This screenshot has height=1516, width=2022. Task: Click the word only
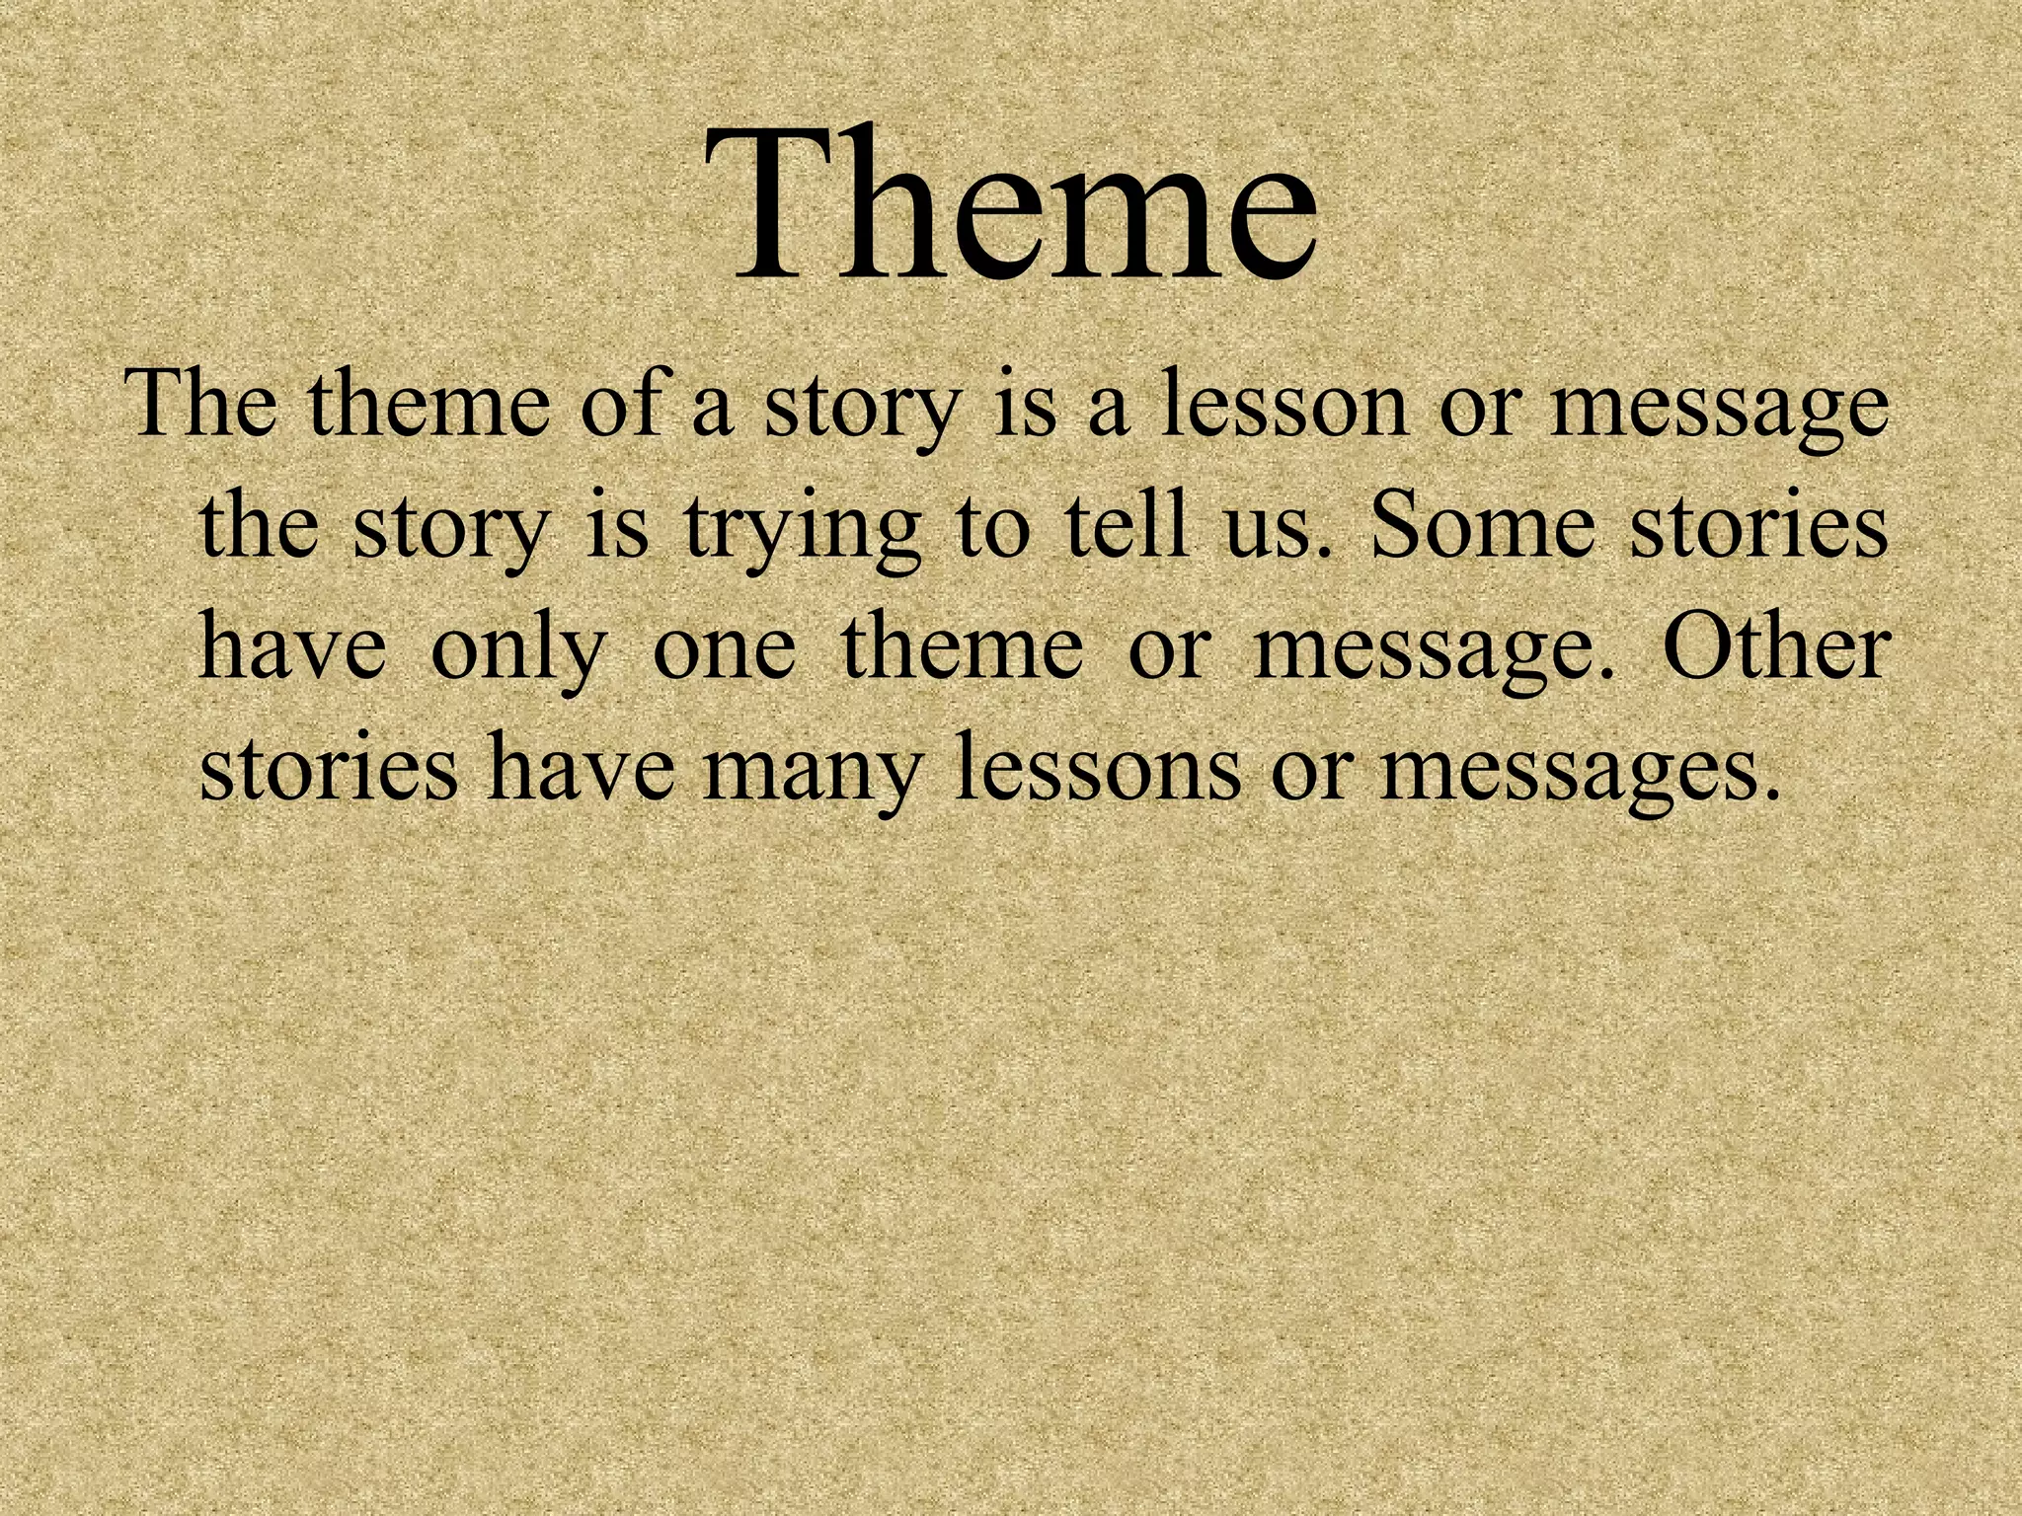[x=517, y=651]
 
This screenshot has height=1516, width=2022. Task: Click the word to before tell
[x=992, y=528]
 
